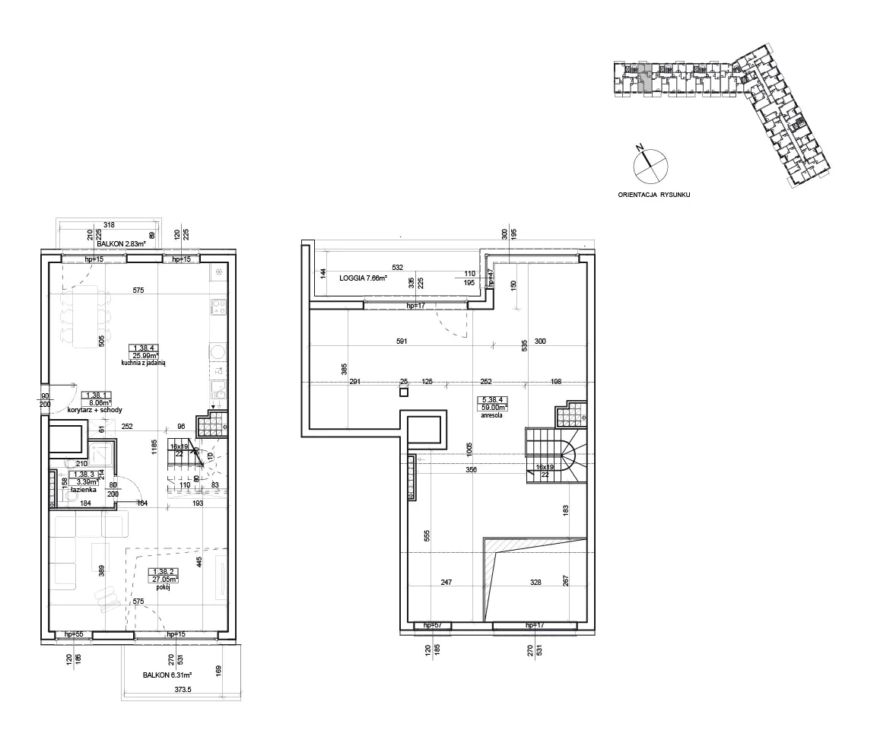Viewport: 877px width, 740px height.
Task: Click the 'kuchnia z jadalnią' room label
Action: (143, 364)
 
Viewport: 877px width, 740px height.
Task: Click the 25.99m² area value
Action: (144, 355)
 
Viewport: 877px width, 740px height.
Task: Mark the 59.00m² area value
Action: (492, 408)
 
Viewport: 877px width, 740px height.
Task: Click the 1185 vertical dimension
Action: (154, 446)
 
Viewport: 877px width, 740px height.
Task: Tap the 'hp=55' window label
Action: (73, 634)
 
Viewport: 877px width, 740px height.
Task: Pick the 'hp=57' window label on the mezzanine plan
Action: (432, 625)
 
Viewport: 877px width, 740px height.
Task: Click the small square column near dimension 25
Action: (404, 392)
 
